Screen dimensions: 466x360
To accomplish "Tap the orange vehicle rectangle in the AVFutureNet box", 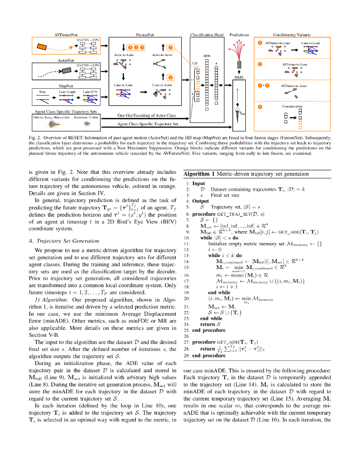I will [41, 46].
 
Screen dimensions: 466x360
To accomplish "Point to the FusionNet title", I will [145, 35].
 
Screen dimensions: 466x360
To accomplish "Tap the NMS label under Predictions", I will [239, 77].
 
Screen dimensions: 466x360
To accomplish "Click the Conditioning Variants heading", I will [291, 35].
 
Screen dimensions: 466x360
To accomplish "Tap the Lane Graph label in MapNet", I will [67, 91].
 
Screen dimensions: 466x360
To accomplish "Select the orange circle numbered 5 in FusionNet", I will [170, 47].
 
